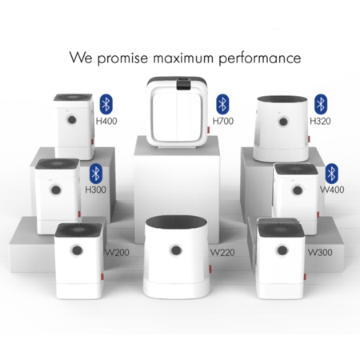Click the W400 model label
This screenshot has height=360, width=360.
tap(331, 192)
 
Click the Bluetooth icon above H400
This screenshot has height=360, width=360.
tap(106, 102)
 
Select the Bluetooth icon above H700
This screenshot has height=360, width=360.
tap(222, 102)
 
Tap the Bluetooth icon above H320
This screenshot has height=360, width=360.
tap(321, 102)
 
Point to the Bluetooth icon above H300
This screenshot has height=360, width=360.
tap(95, 173)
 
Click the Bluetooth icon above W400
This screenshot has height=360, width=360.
tap(331, 173)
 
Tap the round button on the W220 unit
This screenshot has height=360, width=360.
tap(175, 250)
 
